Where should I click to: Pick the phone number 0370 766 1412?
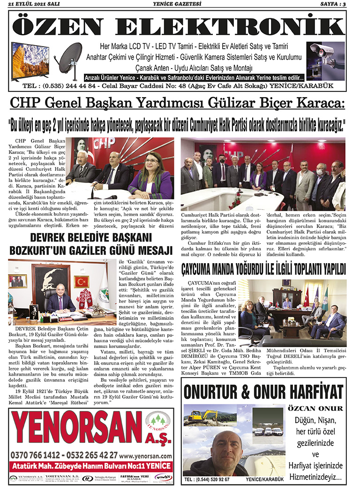point(40,455)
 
